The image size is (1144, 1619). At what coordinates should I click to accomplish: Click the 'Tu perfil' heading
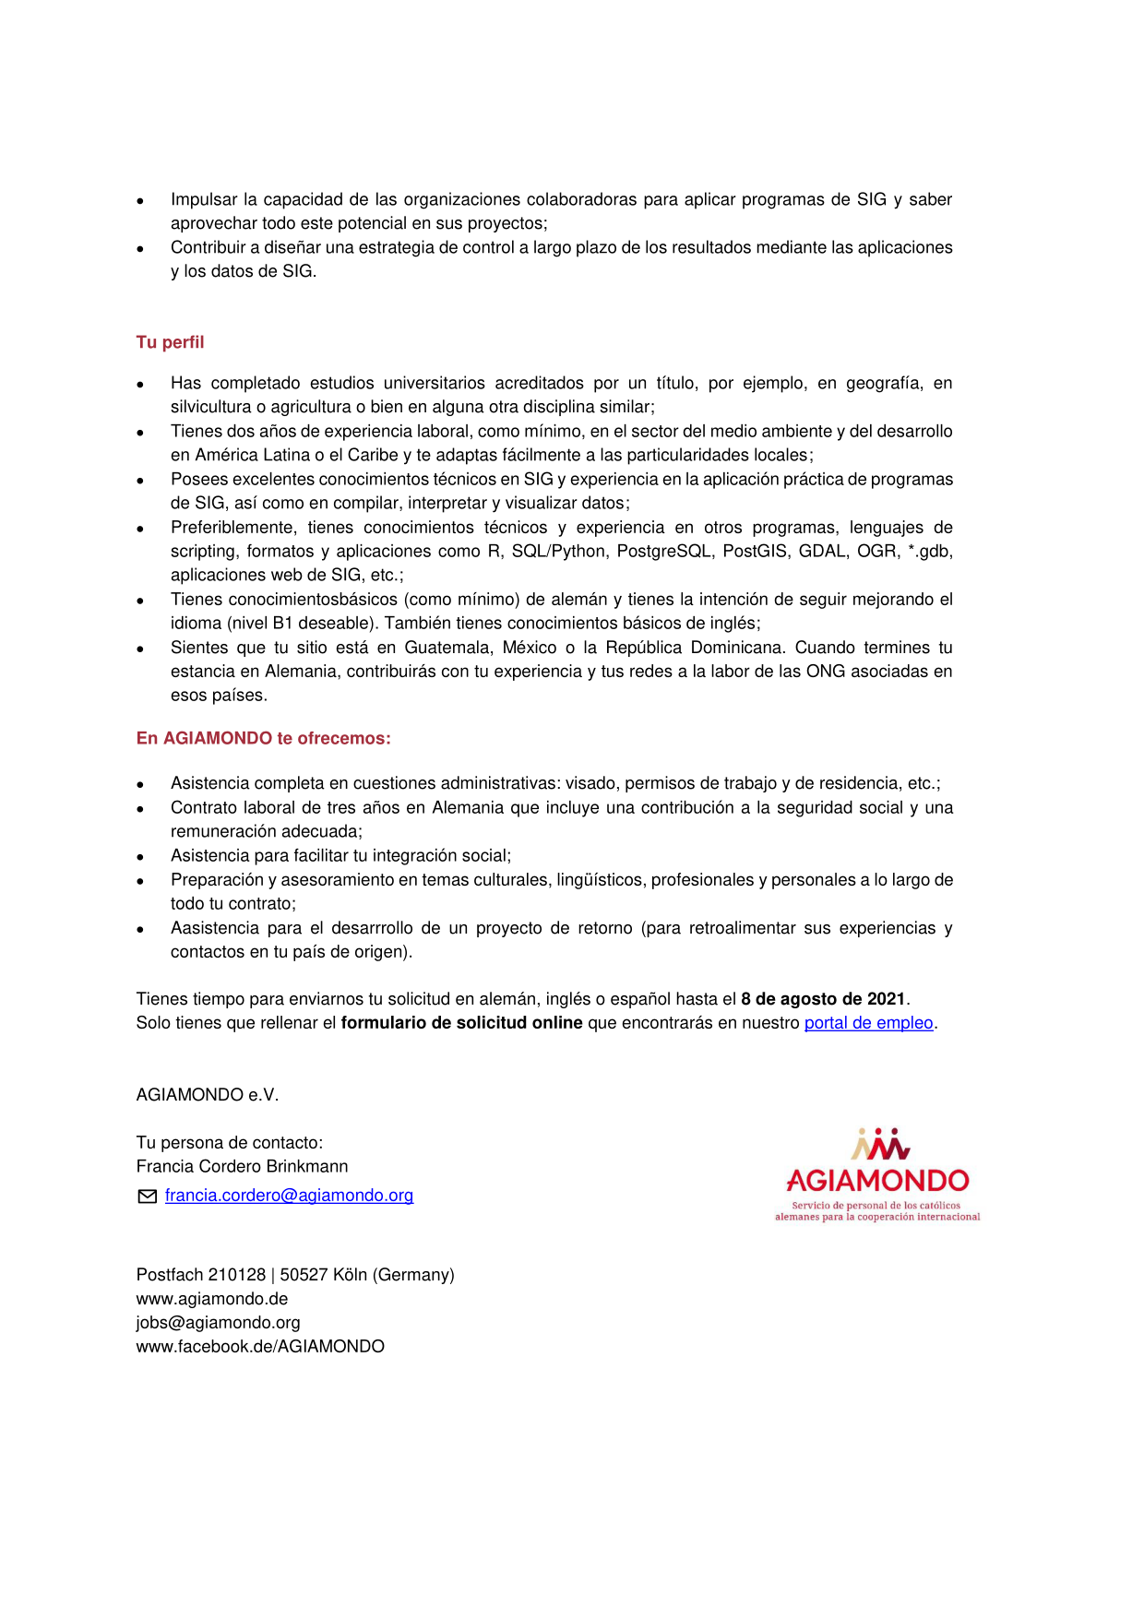pyautogui.click(x=170, y=342)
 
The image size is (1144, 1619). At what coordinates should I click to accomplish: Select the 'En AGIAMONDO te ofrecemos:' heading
pyautogui.click(x=263, y=738)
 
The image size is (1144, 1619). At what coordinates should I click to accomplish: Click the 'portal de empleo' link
pyautogui.click(x=868, y=1022)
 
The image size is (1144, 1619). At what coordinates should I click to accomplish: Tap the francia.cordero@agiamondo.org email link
pyautogui.click(x=289, y=1196)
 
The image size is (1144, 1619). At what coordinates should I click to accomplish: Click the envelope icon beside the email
pyautogui.click(x=147, y=1196)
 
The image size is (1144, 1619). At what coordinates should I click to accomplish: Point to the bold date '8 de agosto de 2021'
pyautogui.click(x=823, y=998)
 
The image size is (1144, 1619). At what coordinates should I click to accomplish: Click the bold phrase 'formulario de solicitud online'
pyautogui.click(x=461, y=1022)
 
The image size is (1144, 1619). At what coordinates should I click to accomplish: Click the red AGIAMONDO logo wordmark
pyautogui.click(x=877, y=1181)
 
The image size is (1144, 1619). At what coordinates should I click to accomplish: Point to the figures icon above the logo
pyautogui.click(x=880, y=1144)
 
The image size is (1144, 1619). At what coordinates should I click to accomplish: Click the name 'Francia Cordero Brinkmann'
pyautogui.click(x=242, y=1166)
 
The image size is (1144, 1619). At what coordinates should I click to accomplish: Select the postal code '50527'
pyautogui.click(x=302, y=1275)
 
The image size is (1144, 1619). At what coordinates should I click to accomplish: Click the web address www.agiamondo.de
pyautogui.click(x=212, y=1299)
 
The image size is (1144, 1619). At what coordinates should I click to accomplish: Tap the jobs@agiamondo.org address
pyautogui.click(x=218, y=1323)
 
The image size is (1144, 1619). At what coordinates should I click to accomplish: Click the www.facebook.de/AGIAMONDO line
pyautogui.click(x=260, y=1347)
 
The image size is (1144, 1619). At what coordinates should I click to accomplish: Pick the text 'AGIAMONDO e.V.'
pyautogui.click(x=208, y=1095)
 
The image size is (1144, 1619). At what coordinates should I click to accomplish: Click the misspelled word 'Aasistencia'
pyautogui.click(x=214, y=928)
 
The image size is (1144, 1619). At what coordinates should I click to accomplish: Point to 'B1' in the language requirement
pyautogui.click(x=282, y=623)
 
